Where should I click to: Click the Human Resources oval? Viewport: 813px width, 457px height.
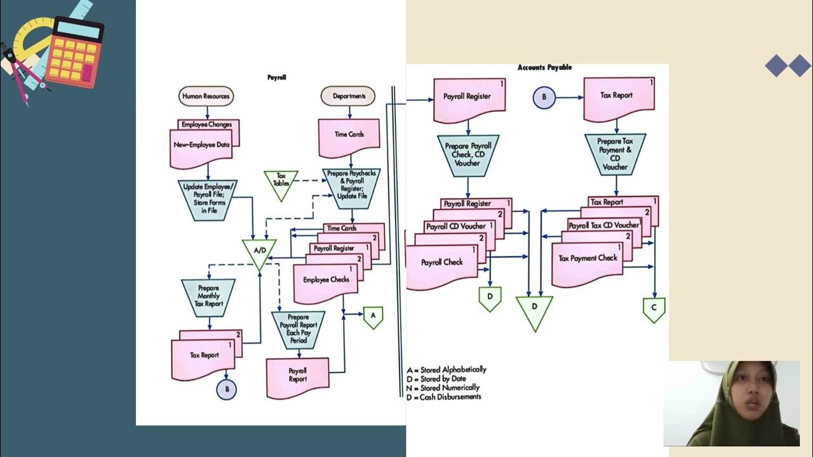206,96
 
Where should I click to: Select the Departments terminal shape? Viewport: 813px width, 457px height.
348,96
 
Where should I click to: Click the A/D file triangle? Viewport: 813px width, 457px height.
259,252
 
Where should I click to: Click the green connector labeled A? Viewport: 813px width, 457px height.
373,316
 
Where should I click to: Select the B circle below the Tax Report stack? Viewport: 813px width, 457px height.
226,389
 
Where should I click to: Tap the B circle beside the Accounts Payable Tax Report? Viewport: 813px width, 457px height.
544,98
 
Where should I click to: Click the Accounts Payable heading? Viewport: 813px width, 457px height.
544,67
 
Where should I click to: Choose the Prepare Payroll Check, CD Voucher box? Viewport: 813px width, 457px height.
467,154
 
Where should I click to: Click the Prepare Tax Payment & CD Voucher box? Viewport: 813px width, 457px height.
615,154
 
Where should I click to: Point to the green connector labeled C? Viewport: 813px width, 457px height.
654,308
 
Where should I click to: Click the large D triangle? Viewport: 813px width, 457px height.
534,310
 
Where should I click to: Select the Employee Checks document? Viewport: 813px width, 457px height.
325,282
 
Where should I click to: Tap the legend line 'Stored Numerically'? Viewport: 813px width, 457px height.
445,387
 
